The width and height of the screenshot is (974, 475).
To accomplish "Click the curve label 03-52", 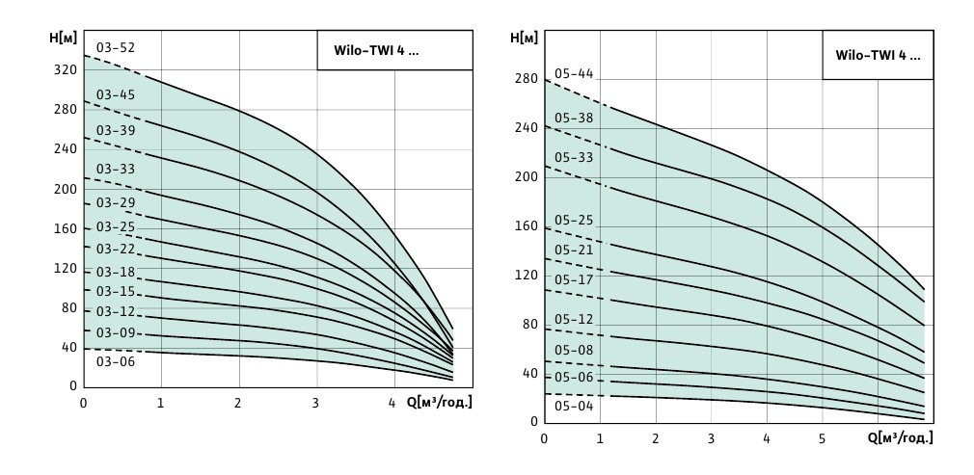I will pos(115,48).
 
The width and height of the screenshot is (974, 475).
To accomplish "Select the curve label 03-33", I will pos(115,169).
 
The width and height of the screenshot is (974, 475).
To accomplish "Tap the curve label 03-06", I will pos(115,361).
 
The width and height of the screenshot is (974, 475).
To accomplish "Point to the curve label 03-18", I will pos(115,272).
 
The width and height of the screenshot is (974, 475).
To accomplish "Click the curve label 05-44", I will pos(574,73).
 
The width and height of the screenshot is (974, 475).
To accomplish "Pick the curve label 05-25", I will pos(574,220).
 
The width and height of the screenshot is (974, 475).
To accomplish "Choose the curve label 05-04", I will pos(574,406).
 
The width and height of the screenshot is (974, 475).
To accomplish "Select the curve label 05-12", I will pos(574,319).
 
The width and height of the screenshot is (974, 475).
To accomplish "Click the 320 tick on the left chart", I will pos(65,69).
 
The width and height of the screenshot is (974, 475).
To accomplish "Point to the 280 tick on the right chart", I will pos(526,78).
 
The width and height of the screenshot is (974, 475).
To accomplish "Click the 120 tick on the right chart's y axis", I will pos(526,276).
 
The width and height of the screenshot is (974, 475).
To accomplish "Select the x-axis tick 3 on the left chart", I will pos(315,403).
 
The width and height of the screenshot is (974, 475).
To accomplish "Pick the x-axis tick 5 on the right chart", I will pos(822,439).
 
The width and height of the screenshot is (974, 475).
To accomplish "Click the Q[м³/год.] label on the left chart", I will pos(439,403).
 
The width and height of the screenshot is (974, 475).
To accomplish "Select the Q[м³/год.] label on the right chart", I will pos(903,439).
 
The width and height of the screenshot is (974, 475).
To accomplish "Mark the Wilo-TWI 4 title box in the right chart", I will pos(877,56).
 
